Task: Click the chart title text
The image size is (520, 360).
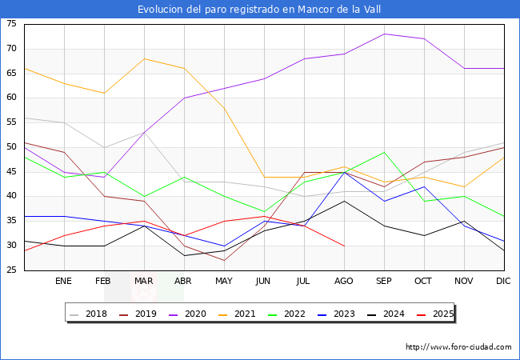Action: click(259, 10)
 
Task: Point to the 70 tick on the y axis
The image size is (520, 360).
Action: click(12, 49)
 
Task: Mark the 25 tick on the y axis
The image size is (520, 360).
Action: click(12, 270)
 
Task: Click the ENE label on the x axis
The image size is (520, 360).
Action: click(64, 282)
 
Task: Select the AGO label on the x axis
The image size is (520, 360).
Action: click(344, 282)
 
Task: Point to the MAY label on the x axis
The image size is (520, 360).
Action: click(224, 282)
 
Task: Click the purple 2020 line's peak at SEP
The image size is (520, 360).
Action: click(384, 34)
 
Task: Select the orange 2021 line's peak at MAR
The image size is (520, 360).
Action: click(144, 58)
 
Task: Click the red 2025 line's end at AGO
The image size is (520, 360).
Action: click(344, 246)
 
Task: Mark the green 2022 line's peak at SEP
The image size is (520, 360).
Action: click(384, 152)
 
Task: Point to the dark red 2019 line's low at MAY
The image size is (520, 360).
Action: click(224, 260)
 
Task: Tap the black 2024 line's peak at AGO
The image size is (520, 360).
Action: click(344, 201)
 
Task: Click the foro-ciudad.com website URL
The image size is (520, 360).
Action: click(458, 347)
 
